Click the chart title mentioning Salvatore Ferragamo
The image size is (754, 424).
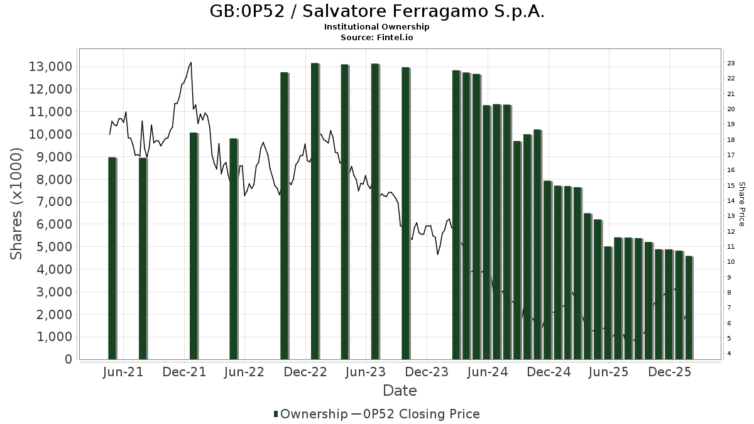(376, 12)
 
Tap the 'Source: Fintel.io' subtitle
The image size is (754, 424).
(376, 38)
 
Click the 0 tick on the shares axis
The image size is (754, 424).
(68, 359)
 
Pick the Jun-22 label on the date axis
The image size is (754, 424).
(243, 372)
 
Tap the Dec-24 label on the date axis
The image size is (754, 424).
(549, 372)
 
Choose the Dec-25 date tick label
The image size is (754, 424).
(670, 372)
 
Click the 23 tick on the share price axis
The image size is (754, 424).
(731, 63)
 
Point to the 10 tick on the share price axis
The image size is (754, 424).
(731, 262)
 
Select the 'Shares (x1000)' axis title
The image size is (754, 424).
(17, 204)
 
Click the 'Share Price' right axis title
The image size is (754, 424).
(741, 204)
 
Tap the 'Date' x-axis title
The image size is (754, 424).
(400, 391)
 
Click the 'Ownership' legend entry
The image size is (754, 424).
(310, 414)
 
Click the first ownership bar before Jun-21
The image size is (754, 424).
(112, 258)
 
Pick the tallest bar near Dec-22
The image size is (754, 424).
(315, 210)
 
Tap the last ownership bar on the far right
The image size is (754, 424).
(689, 308)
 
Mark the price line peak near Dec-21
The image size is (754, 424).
(190, 62)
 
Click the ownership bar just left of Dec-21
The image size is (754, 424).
(194, 245)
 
